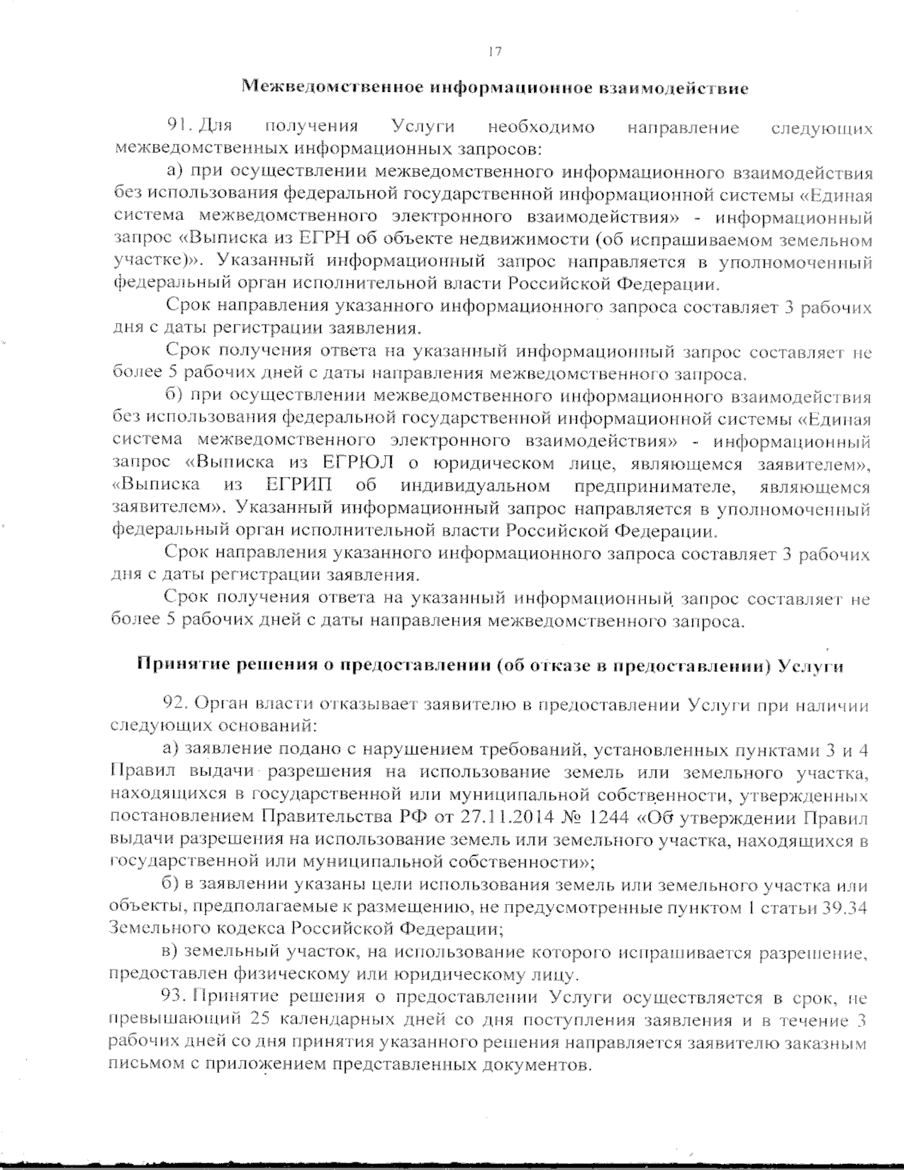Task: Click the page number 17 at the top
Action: pyautogui.click(x=494, y=52)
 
